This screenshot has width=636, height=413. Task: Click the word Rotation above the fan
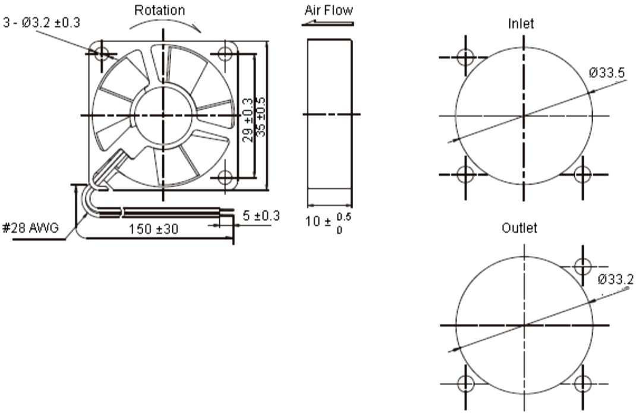(x=159, y=10)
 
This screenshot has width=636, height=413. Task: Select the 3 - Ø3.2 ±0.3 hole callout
(x=42, y=23)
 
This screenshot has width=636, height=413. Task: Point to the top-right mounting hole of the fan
(x=225, y=54)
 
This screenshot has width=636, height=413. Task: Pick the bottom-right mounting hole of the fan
(x=225, y=177)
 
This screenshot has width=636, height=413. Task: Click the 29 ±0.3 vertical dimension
(x=247, y=119)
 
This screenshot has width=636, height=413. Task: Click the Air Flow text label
(x=329, y=10)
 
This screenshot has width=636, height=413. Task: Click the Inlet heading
(x=521, y=24)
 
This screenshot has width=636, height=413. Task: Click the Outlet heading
(x=519, y=228)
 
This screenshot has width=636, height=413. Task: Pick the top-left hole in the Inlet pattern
(x=465, y=58)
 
